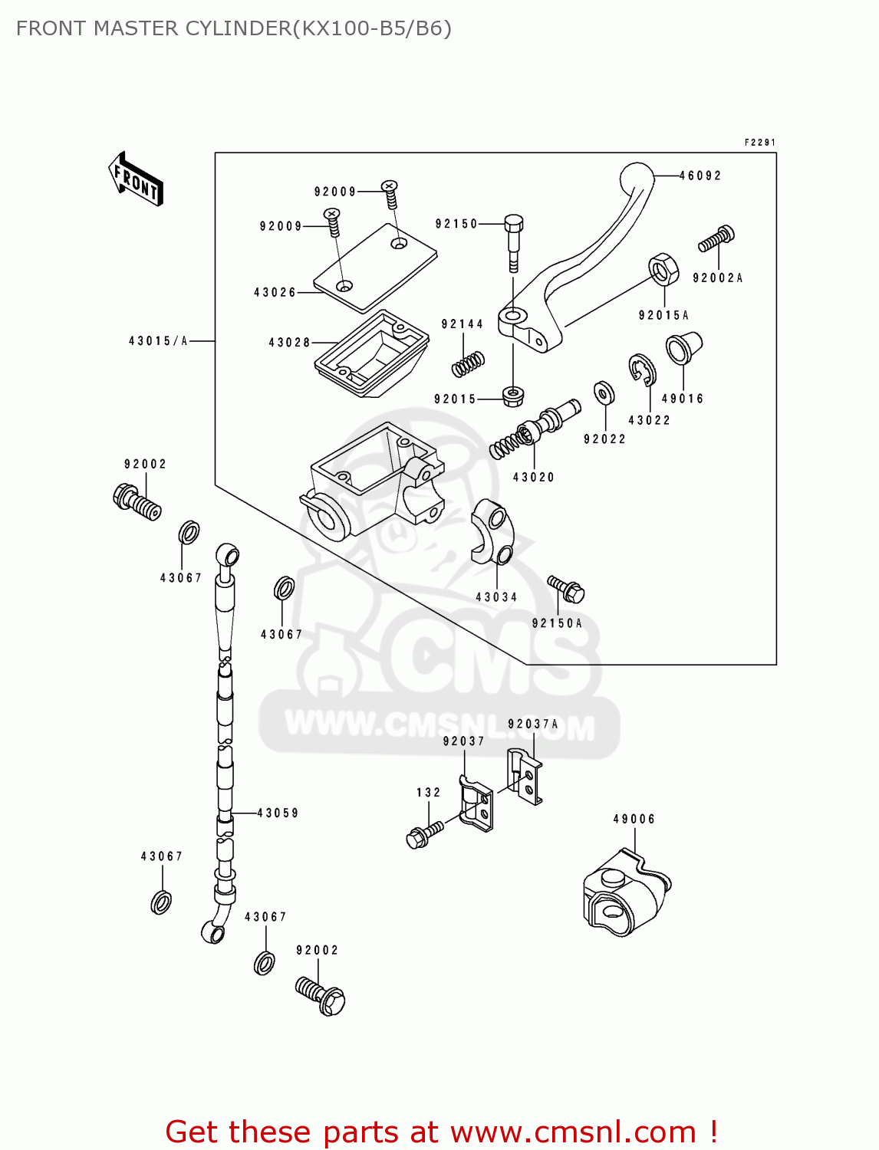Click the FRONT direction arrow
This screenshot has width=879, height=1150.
[136, 179]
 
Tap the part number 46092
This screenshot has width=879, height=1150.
[700, 176]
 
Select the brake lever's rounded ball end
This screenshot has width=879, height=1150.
[637, 178]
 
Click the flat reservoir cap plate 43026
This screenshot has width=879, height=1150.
[375, 268]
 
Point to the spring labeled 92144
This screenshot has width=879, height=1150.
[467, 363]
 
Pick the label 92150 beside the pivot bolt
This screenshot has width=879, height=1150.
[456, 224]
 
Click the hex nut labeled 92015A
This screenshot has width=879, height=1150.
[663, 269]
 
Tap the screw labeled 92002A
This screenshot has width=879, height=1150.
[716, 238]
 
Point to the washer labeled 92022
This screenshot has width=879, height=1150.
[604, 393]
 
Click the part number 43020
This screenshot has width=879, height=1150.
[534, 477]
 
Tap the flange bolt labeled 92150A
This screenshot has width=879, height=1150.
[566, 589]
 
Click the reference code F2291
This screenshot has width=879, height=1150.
[760, 143]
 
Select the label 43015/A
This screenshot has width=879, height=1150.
[158, 341]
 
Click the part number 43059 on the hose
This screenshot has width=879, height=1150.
[278, 813]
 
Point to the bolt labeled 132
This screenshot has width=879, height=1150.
[424, 834]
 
